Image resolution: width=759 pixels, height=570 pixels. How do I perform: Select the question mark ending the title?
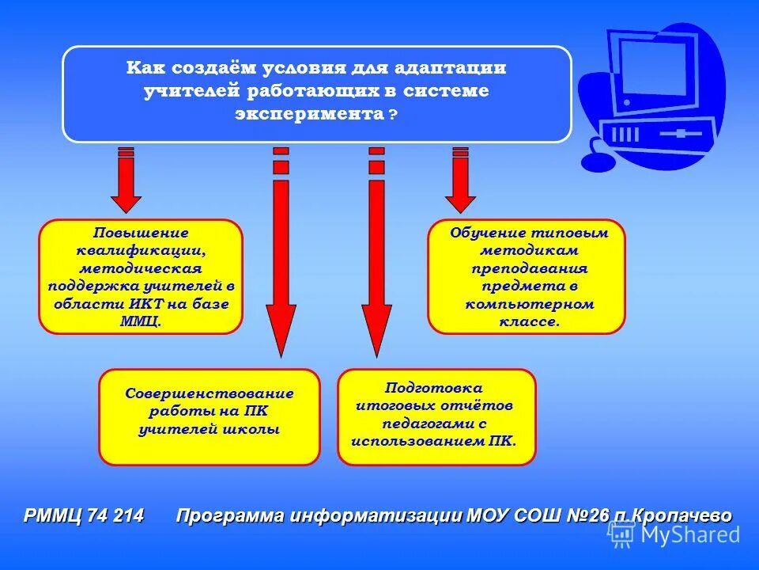pos(393,115)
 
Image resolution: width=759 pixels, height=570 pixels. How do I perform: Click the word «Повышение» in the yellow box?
pos(141,233)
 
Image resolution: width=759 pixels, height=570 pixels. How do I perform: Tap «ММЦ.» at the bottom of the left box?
pos(141,321)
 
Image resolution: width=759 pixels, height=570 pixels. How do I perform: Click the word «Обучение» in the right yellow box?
pos(488,234)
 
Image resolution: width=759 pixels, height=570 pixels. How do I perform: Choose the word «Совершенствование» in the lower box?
pos(210,393)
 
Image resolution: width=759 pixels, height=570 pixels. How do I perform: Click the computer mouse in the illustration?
pos(598,161)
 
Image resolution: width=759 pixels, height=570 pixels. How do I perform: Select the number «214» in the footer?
pos(128,515)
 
